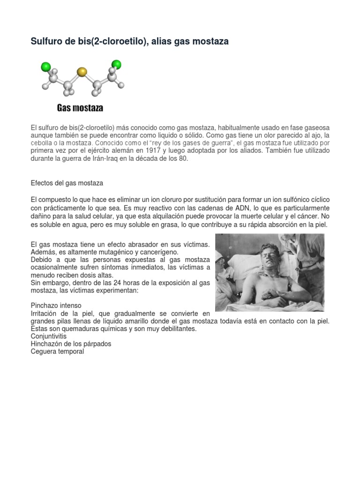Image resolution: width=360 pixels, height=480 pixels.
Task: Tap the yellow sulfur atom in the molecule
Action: [x=82, y=72]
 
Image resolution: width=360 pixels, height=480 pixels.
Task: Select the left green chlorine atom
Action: [x=45, y=67]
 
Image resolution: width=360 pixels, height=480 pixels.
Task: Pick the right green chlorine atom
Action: [x=116, y=64]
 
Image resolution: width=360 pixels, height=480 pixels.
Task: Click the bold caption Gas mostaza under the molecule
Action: [x=80, y=108]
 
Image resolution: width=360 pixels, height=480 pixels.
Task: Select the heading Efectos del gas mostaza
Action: [x=67, y=183]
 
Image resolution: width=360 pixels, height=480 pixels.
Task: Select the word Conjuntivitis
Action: [x=49, y=336]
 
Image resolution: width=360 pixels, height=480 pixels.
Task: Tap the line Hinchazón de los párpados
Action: [x=71, y=344]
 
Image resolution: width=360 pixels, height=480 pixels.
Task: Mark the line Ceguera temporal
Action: [x=57, y=351]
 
